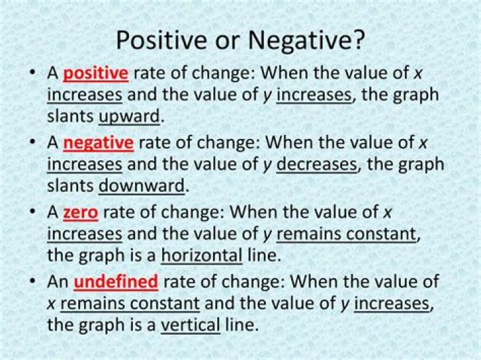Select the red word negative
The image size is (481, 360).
click(x=98, y=142)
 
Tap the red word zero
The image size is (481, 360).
click(x=80, y=212)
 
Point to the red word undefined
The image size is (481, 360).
click(x=116, y=282)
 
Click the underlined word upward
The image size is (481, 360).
click(x=130, y=116)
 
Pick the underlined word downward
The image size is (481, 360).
click(x=141, y=185)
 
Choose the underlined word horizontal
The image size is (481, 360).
click(x=201, y=255)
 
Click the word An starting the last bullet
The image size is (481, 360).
click(x=57, y=282)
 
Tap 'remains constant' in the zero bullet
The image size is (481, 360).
click(x=346, y=234)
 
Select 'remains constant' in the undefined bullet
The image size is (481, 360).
click(x=130, y=304)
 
